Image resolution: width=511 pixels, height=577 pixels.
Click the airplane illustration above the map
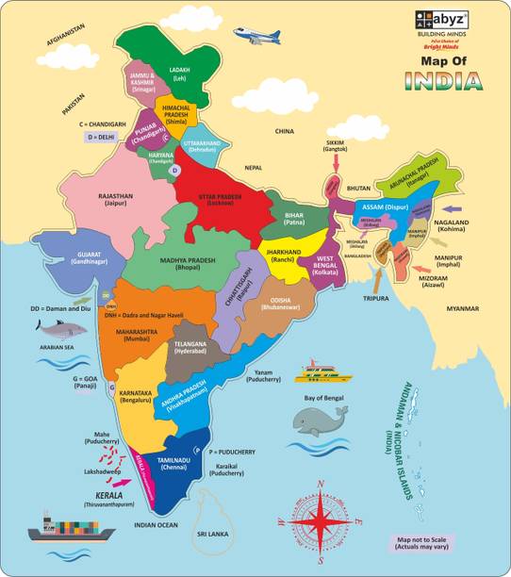coord(256,37)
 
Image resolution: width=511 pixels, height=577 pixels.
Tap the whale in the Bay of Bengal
coord(320,420)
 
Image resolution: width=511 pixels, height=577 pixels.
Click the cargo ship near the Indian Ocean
coord(58,528)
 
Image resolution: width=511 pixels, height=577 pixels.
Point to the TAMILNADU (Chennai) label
coord(175,464)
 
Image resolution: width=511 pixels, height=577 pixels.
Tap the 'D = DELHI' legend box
coord(102,137)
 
